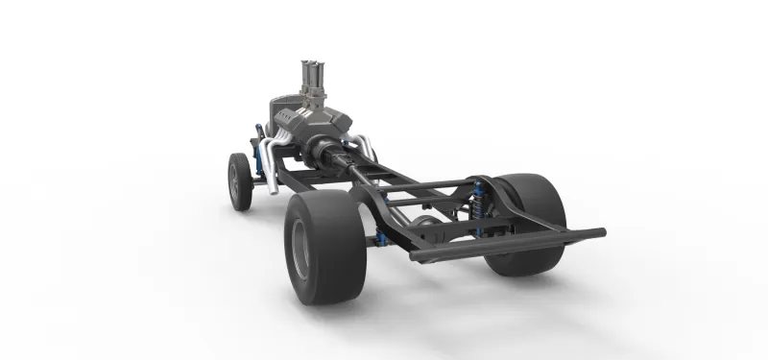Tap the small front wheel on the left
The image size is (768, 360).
click(239, 181)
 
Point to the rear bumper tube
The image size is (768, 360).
click(509, 245)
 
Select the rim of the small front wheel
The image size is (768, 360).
click(234, 181)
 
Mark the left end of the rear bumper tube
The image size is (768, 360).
click(415, 256)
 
